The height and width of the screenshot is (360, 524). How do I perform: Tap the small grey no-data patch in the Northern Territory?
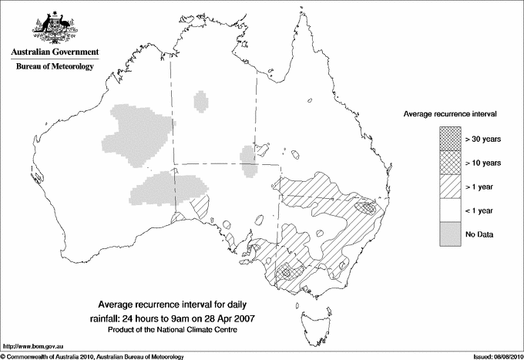[202, 101]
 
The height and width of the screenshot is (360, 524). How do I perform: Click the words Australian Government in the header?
[54, 52]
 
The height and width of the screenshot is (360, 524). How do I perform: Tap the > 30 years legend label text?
[482, 140]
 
